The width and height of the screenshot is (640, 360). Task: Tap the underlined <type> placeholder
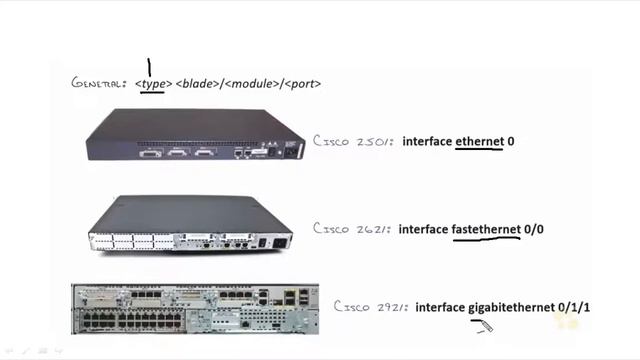[x=153, y=84]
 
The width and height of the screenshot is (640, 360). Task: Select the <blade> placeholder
[x=198, y=84]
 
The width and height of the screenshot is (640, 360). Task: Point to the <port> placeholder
[x=303, y=84]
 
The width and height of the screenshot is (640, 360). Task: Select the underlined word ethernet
[x=479, y=142]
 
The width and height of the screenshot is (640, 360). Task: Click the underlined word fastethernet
[x=486, y=229]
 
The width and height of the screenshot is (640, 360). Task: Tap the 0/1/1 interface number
[x=575, y=306]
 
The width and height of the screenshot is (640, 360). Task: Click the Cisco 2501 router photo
[x=194, y=134]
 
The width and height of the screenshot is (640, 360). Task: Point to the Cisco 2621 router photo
[x=190, y=223]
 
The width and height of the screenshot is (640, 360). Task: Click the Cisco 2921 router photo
[x=195, y=308]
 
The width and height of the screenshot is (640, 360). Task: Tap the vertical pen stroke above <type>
[x=149, y=67]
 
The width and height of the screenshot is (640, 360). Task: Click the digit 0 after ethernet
[x=511, y=142]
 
